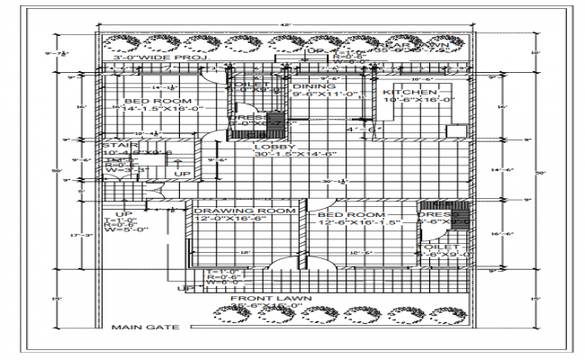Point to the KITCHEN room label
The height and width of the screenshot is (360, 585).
click(409, 93)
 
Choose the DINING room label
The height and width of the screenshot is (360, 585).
click(314, 86)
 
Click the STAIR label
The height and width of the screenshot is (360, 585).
click(117, 144)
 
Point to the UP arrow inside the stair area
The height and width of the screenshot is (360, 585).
click(182, 174)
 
